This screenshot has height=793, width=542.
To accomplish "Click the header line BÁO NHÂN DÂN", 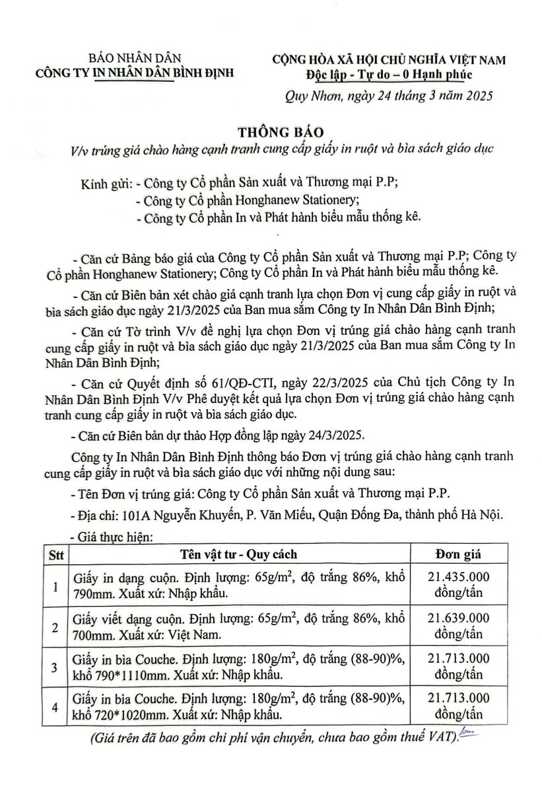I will pos(135,59).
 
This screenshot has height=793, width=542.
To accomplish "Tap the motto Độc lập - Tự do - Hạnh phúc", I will pos(389,73).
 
